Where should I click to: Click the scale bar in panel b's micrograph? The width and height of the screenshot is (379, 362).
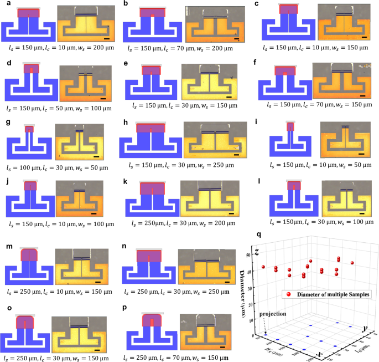point(236,39)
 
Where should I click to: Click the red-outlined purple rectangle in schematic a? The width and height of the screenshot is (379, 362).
point(28,13)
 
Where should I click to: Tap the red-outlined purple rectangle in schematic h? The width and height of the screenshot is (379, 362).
point(151,128)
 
